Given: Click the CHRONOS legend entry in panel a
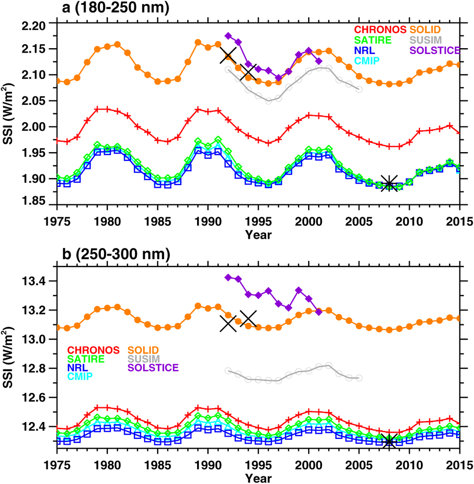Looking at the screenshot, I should coord(380,30).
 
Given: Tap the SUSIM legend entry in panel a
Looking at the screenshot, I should coord(425,40).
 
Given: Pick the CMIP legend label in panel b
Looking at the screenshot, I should coord(80,377).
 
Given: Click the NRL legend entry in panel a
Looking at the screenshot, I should coord(365,51).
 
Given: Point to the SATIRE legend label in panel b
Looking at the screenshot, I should coord(86,359).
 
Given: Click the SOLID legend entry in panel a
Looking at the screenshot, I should coord(425,30).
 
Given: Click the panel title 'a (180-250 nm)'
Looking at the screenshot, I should coord(115,8).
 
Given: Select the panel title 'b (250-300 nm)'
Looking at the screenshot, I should coord(116,254).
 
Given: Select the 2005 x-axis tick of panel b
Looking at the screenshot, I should coord(359,465).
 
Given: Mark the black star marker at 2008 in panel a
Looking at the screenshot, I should coord(389,183).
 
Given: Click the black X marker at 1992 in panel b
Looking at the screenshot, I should coord(228,323).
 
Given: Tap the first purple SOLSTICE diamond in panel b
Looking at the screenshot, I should coord(228,277).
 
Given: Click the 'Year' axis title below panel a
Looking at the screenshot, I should coord(258,235).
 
